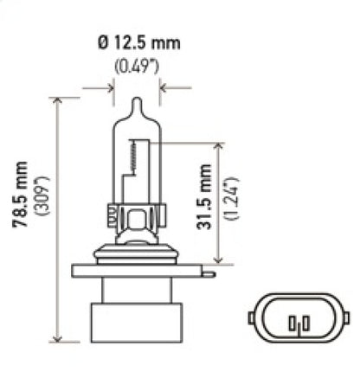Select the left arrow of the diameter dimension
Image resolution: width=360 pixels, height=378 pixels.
pos(106,87)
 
